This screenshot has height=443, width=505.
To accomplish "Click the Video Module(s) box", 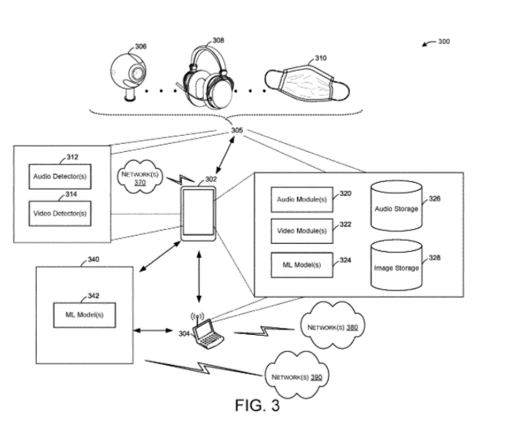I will click(302, 231).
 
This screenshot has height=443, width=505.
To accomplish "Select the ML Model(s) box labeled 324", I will click(302, 265).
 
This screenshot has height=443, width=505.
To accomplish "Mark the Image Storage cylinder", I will click(396, 266).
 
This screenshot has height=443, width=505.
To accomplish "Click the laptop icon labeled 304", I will click(207, 334).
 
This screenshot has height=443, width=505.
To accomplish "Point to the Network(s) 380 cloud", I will click(332, 325).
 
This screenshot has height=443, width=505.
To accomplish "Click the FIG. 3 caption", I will click(257, 405).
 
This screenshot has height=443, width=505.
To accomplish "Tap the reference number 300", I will click(443, 41).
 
